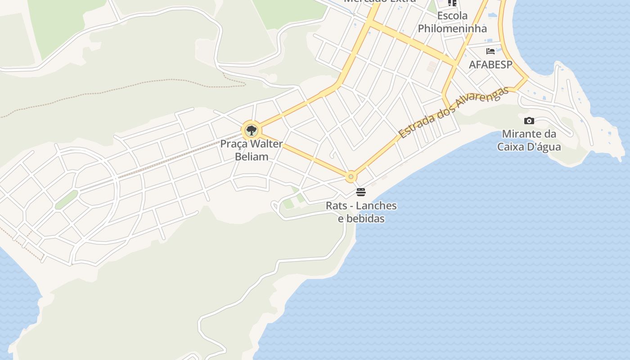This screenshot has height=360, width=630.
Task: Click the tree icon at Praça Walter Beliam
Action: click(252, 130)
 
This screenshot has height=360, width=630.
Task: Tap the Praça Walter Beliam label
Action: click(252, 150)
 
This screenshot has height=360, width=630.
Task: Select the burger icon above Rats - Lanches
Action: click(361, 192)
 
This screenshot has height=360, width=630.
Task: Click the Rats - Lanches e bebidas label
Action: click(361, 212)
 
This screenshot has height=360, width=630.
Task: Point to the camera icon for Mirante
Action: click(529, 121)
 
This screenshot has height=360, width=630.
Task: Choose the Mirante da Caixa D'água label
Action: click(529, 140)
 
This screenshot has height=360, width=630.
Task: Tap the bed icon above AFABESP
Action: click(490, 51)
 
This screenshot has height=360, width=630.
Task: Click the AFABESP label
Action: click(490, 64)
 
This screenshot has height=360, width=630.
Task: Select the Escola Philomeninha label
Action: click(452, 22)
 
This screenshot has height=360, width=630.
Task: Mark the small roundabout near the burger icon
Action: click(351, 177)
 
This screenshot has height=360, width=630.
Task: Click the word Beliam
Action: click(252, 157)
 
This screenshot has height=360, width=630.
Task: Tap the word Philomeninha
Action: click(452, 28)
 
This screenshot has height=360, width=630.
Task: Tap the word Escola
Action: click(452, 16)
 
